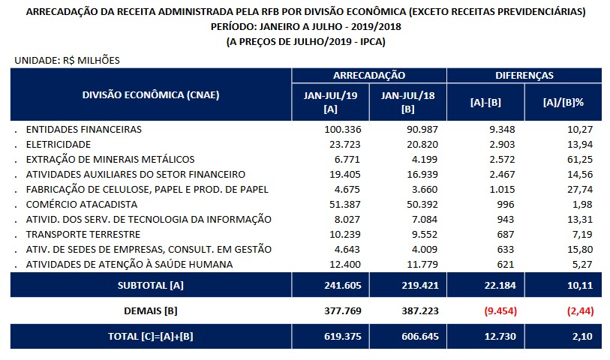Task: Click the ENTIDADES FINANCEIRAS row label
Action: (83, 129)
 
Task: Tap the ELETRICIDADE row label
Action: (59, 144)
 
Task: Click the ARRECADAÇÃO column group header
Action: (368, 76)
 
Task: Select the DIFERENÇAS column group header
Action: (524, 76)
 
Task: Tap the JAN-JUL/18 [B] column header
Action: (408, 101)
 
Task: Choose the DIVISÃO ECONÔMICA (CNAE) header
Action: (151, 95)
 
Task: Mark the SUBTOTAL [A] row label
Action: (151, 285)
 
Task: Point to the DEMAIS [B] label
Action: (151, 310)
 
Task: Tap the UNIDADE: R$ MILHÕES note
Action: (67, 59)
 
